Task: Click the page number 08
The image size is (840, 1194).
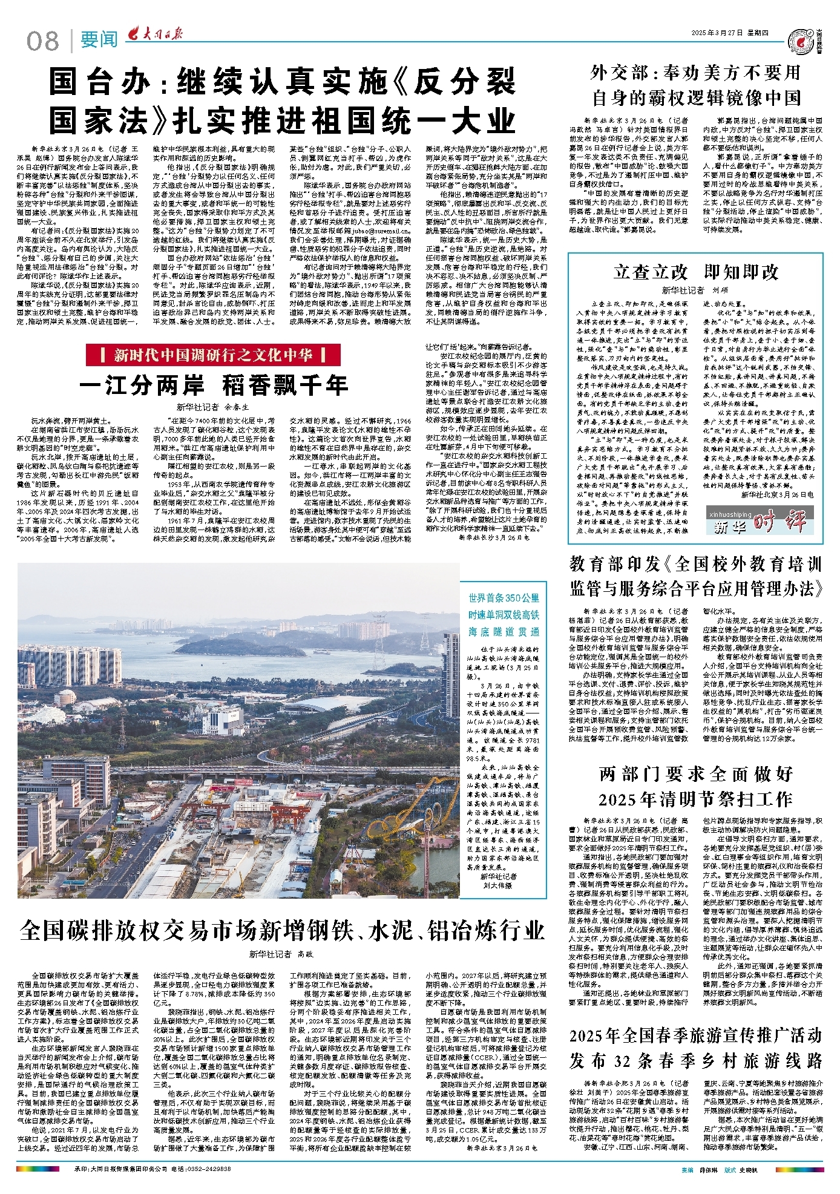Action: click(42, 41)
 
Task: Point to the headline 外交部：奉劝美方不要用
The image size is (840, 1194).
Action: click(696, 74)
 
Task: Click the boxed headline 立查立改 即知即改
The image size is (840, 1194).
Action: click(696, 272)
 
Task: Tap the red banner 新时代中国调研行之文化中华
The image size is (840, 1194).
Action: click(213, 355)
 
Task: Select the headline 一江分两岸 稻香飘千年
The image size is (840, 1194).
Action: click(213, 385)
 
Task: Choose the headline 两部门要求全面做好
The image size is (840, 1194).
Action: click(696, 774)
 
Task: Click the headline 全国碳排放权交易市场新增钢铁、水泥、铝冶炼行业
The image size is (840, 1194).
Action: click(282, 931)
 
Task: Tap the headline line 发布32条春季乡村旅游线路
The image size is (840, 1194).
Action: click(696, 1060)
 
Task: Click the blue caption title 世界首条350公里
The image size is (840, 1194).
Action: click(504, 599)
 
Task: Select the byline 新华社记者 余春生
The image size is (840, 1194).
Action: click(213, 407)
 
